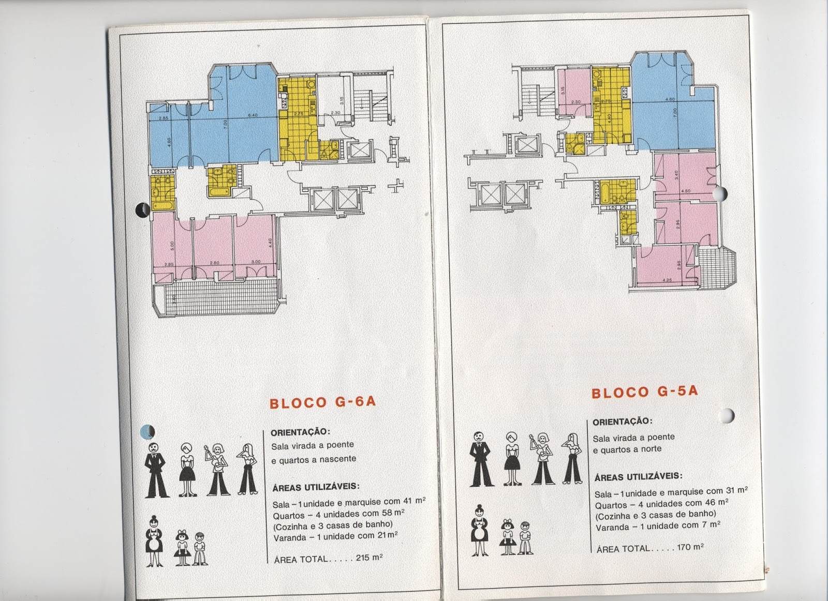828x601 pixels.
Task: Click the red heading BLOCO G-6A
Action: (x=322, y=403)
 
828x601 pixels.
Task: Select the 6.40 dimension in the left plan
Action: (x=253, y=115)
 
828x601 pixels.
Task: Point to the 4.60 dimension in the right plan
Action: (x=671, y=99)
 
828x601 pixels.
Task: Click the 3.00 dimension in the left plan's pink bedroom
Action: (x=256, y=262)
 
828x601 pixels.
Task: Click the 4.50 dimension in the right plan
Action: (x=686, y=191)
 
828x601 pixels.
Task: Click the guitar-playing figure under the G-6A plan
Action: (x=218, y=470)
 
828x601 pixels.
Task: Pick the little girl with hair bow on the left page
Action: (x=182, y=547)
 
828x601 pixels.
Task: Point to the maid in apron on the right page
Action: (x=479, y=530)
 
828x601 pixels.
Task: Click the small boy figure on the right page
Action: (x=525, y=537)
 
